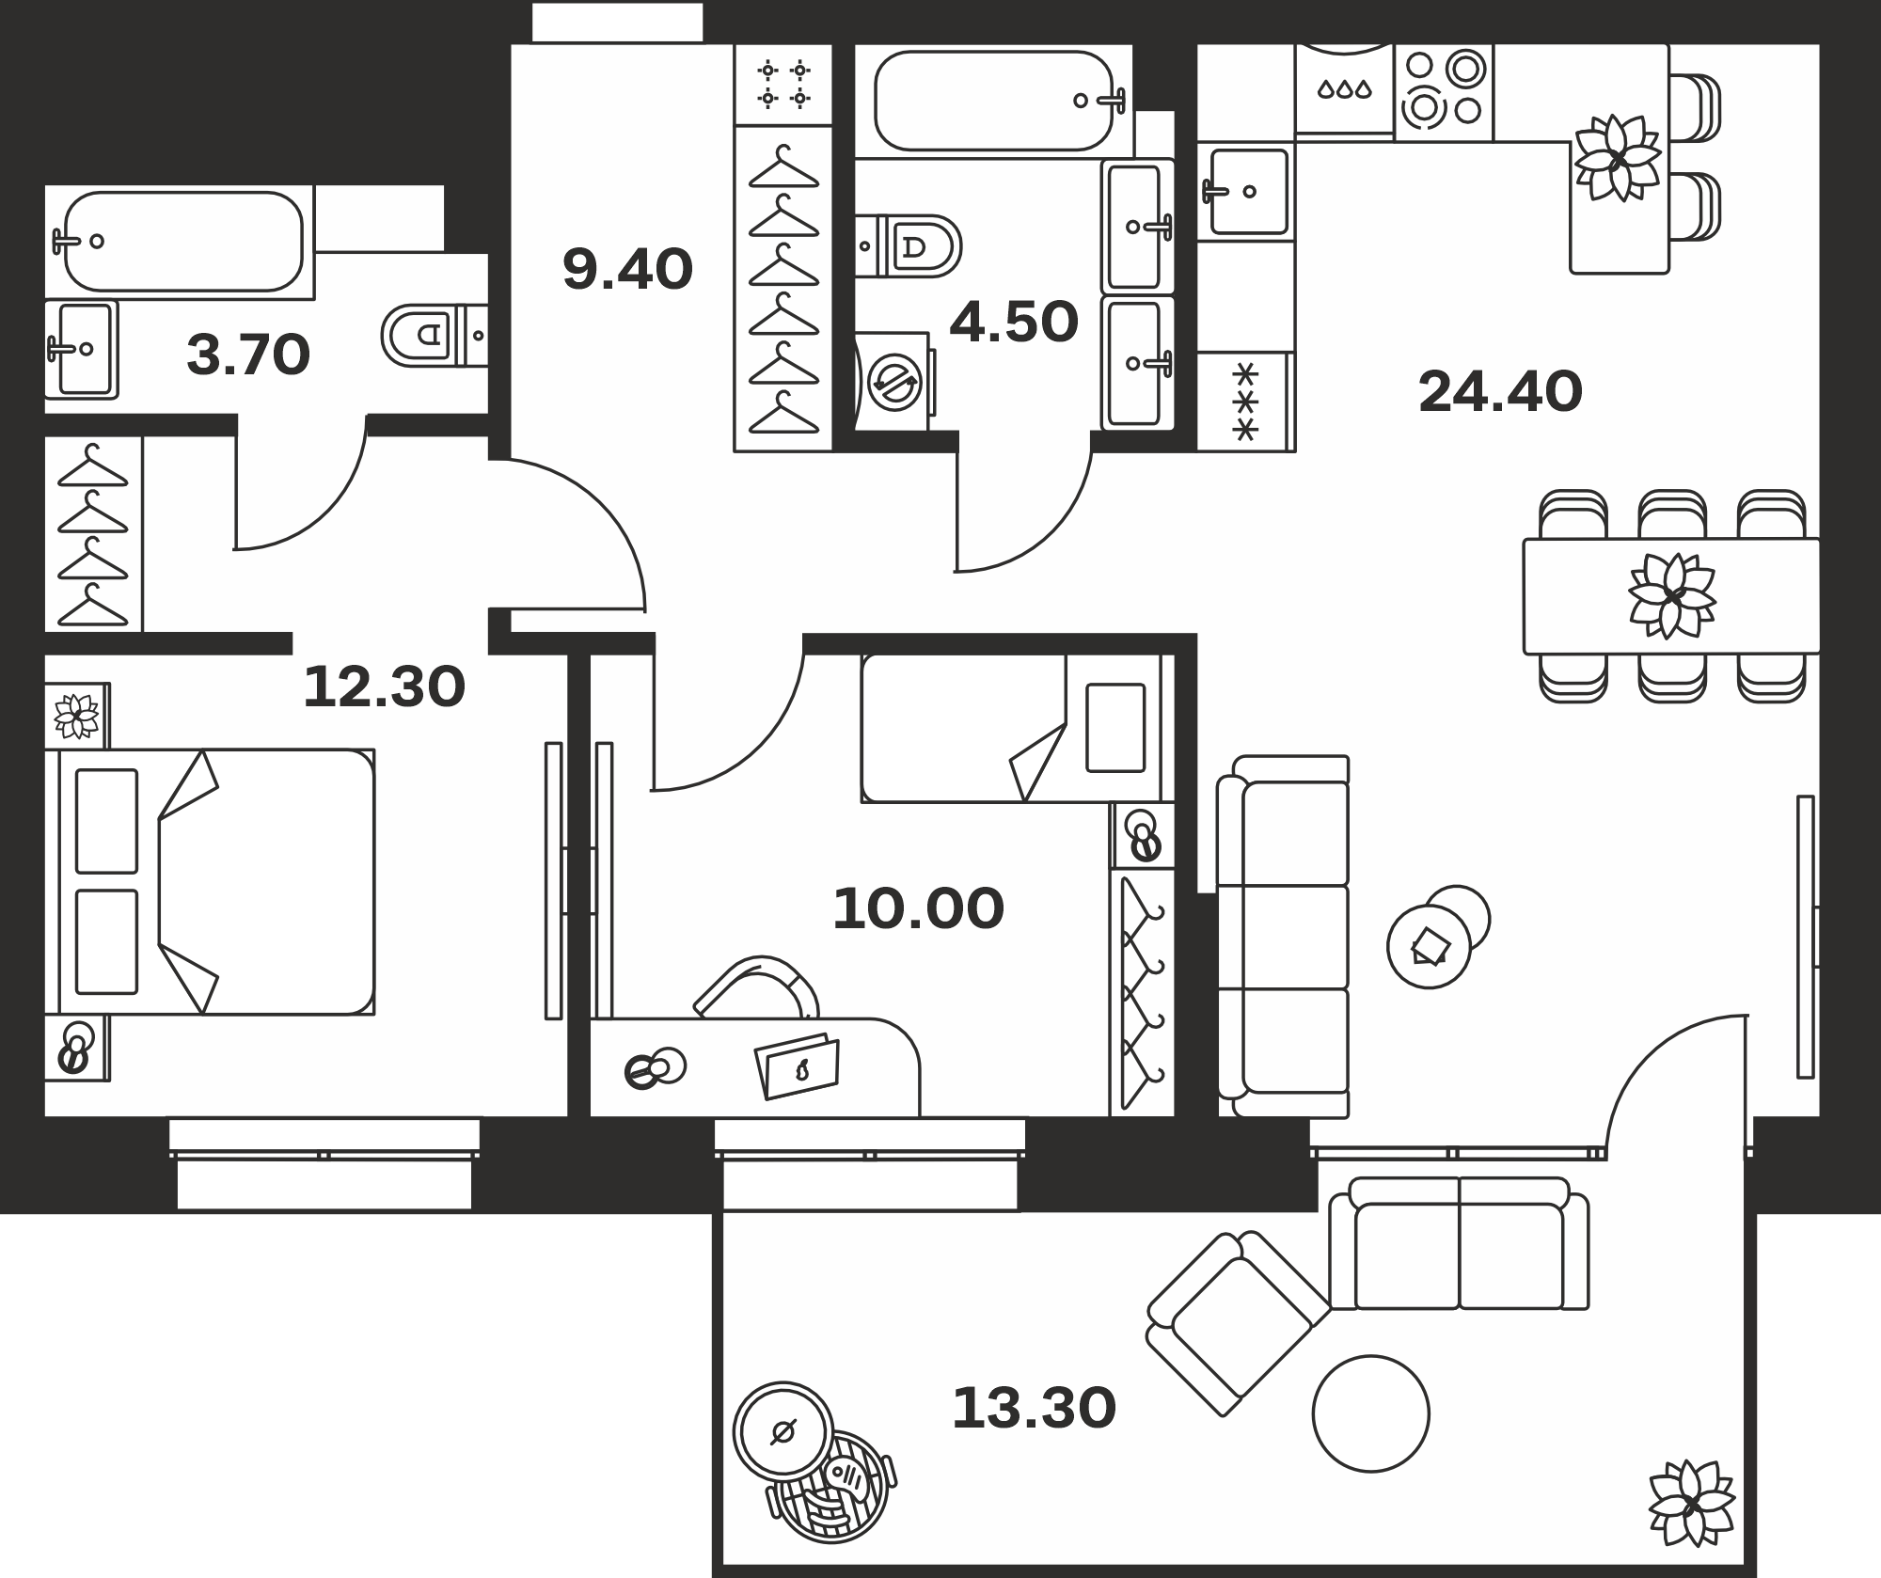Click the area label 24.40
coord(1500,392)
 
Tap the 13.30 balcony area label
coord(1034,1409)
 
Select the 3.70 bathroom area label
coord(248,356)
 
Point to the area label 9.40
coord(627,269)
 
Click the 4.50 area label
coord(1014,323)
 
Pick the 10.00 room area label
coord(919,909)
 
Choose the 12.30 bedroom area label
coord(384,686)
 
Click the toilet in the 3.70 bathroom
coord(435,334)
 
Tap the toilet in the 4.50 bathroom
coord(909,246)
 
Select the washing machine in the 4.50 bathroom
coord(893,382)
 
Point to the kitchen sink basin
coord(1248,191)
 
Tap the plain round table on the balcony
coord(1371,1413)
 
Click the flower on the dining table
coord(1672,596)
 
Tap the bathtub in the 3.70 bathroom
coord(183,241)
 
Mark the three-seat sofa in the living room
coord(1283,937)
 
